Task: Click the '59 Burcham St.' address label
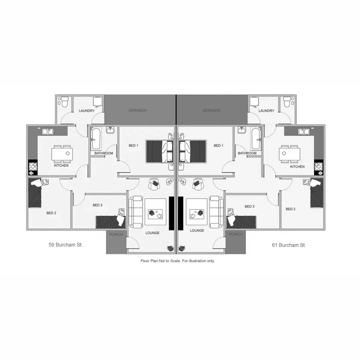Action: (66, 245)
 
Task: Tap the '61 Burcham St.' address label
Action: (289, 245)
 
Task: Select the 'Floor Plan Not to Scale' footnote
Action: (177, 261)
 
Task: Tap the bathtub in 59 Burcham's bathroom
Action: (96, 139)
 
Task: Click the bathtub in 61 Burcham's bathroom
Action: (256, 139)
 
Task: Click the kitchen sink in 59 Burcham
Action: (47, 131)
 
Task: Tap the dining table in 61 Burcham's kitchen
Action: (290, 154)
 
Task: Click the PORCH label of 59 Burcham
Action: (116, 235)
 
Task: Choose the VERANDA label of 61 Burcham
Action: (211, 110)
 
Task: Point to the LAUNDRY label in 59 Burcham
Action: (87, 111)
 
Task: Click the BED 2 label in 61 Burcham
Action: (290, 209)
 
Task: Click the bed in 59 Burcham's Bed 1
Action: (160, 151)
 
